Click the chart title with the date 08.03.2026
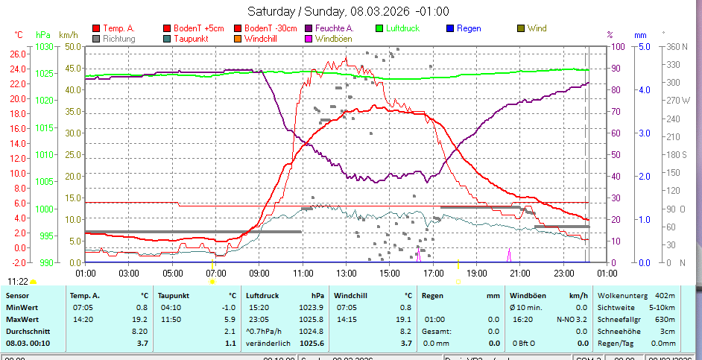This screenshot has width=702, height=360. click(x=348, y=11)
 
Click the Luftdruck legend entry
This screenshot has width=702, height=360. click(x=402, y=28)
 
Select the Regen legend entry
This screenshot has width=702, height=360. click(x=469, y=28)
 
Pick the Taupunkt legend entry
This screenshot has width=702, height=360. click(x=191, y=38)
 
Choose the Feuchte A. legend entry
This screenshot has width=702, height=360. click(x=335, y=28)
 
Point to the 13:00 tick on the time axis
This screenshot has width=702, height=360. click(x=346, y=273)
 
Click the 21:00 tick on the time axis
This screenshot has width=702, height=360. click(x=520, y=273)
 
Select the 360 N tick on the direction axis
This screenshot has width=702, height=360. click(x=675, y=46)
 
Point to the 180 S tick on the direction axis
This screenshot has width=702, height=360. click(x=675, y=154)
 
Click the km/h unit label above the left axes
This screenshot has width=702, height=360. click(x=68, y=35)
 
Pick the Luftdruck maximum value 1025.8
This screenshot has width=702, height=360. click(x=311, y=319)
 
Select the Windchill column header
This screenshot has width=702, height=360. click(x=350, y=295)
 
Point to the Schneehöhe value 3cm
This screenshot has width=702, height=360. click(x=668, y=331)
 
